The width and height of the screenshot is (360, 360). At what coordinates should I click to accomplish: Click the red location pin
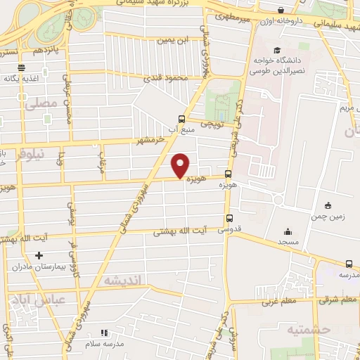tap(181, 166)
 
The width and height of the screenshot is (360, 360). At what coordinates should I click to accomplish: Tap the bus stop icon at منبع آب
tap(182, 119)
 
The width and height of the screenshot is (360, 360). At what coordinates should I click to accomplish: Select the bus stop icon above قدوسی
tap(229, 219)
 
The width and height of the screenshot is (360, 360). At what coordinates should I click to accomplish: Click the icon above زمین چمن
tap(328, 205)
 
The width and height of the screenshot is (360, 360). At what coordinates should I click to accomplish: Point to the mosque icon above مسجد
tap(287, 232)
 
